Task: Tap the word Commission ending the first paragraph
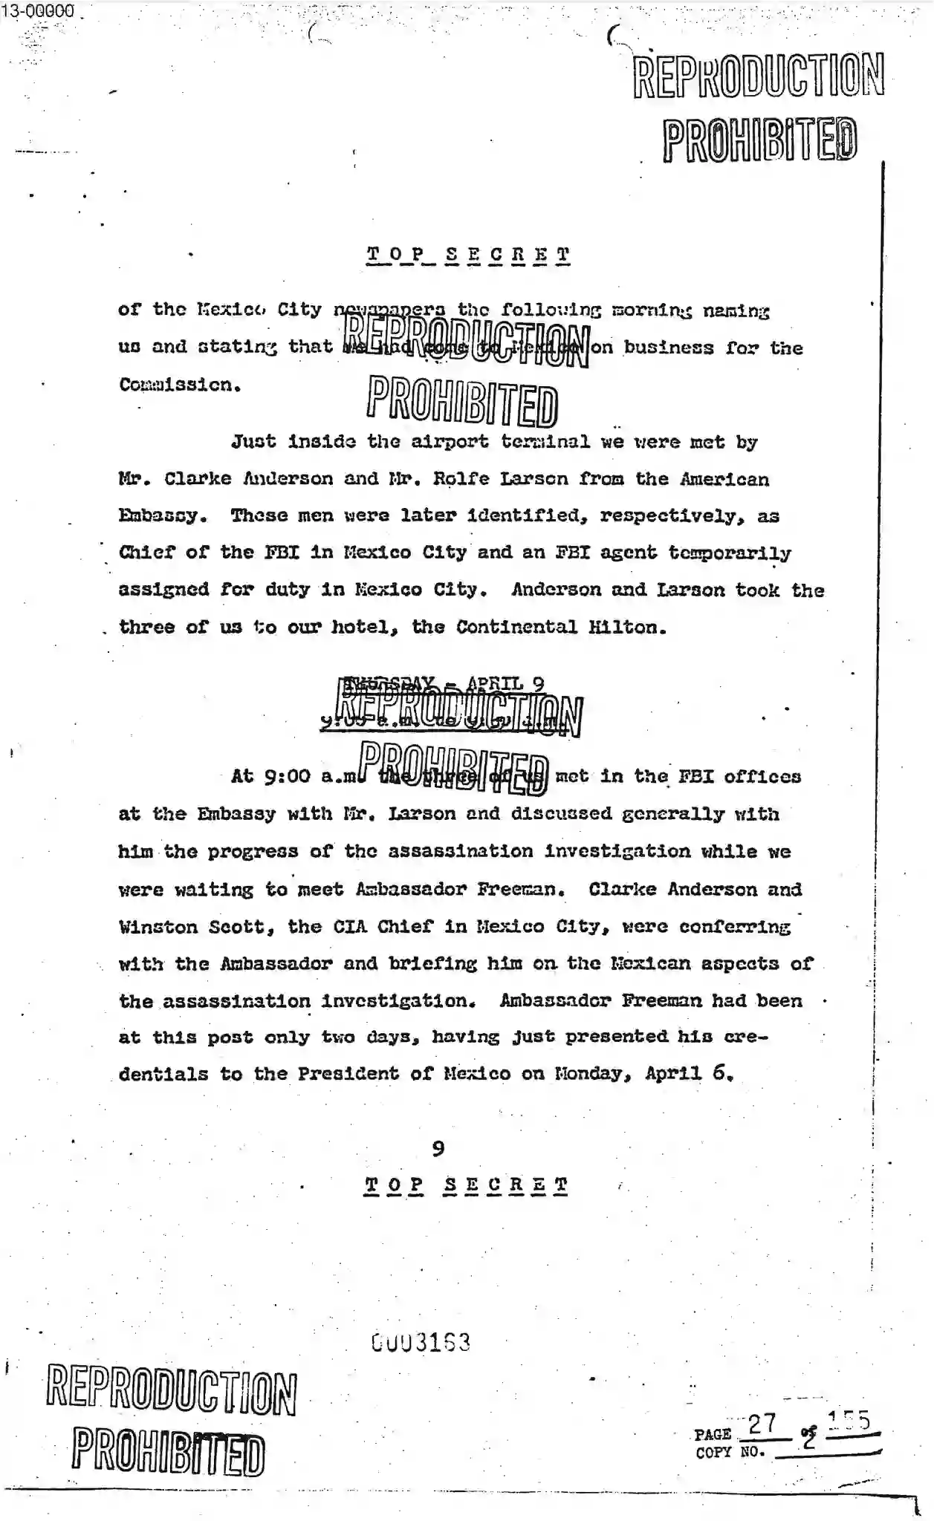[x=179, y=385]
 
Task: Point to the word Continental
[x=516, y=627]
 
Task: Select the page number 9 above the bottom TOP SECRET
[x=438, y=1149]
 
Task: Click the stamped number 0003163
[x=421, y=1343]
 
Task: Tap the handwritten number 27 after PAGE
[x=762, y=1424]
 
